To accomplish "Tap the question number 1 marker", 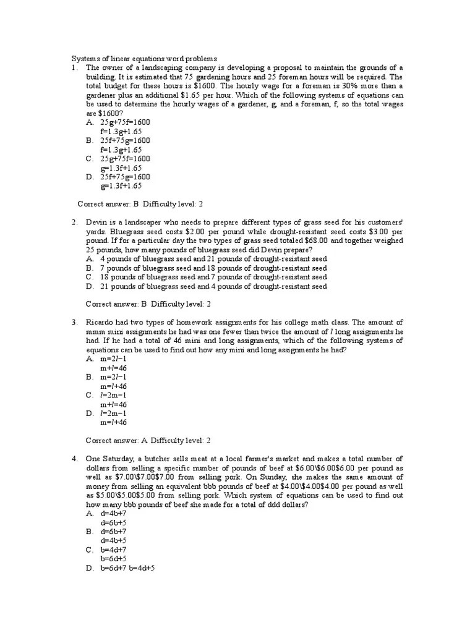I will pos(73,67).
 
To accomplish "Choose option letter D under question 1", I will pos(90,177).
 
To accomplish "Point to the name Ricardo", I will pos(100,322).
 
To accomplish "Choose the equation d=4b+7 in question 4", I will pos(113,513).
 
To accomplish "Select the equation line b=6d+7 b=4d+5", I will pos(127,567).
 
